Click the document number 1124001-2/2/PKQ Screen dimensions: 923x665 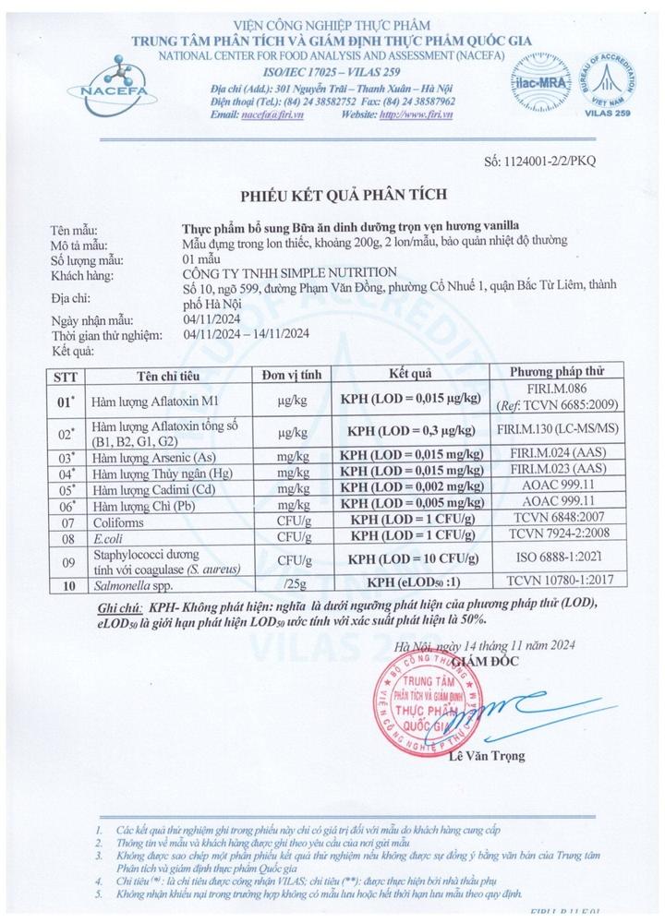coord(540,161)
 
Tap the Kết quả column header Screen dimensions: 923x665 coord(411,373)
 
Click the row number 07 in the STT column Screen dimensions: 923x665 coord(64,519)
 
